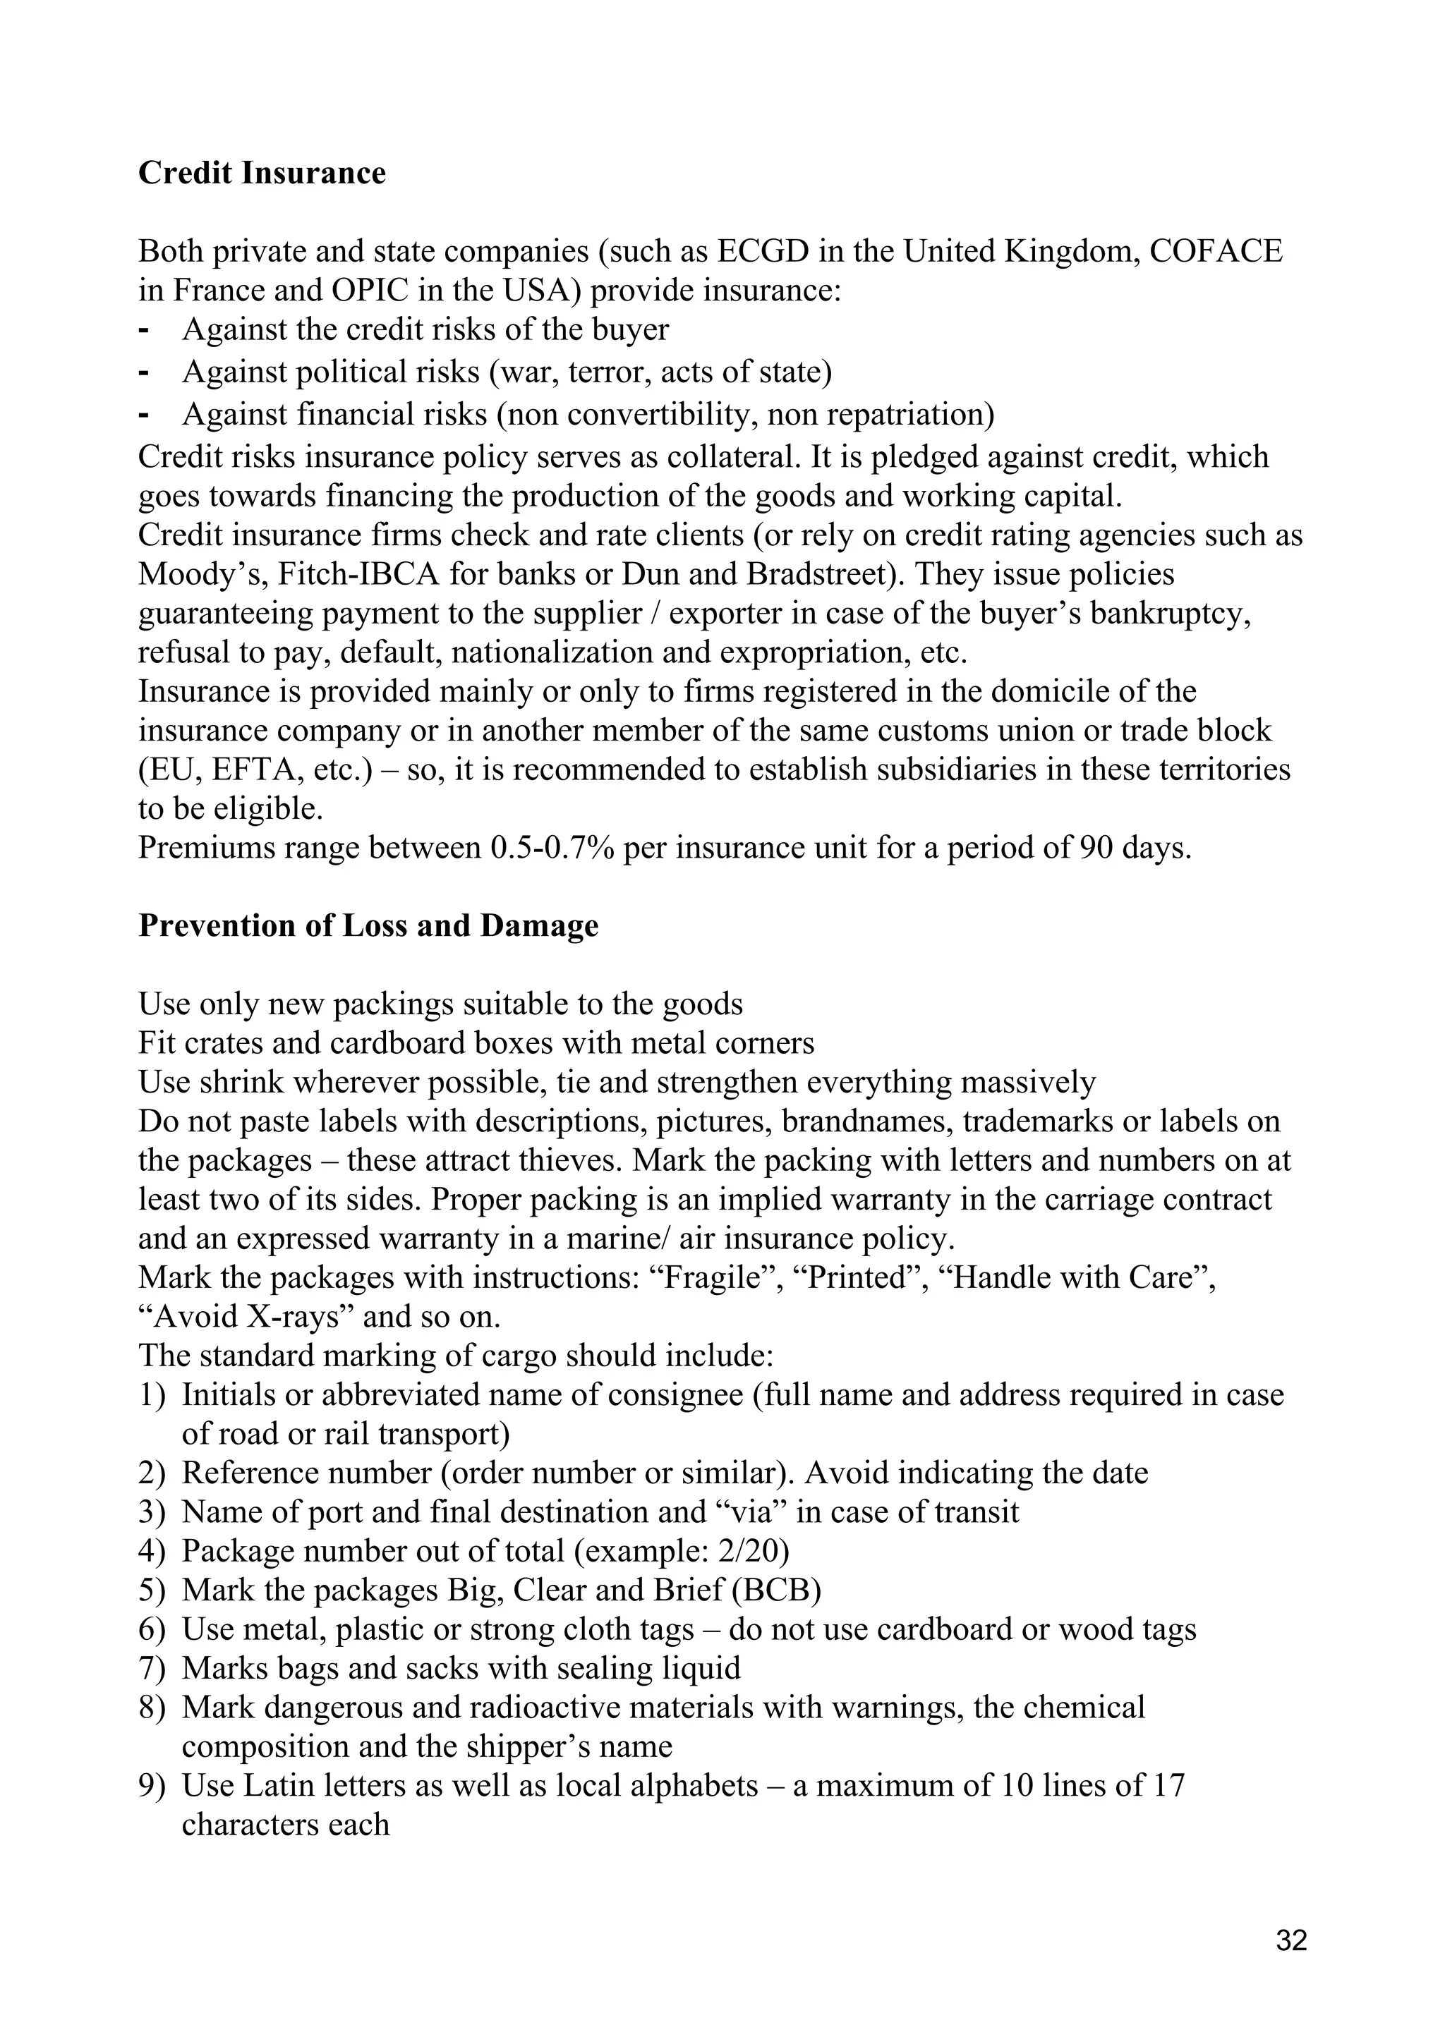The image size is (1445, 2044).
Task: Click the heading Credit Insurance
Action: point(262,173)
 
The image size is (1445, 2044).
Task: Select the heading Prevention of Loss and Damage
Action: point(368,926)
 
